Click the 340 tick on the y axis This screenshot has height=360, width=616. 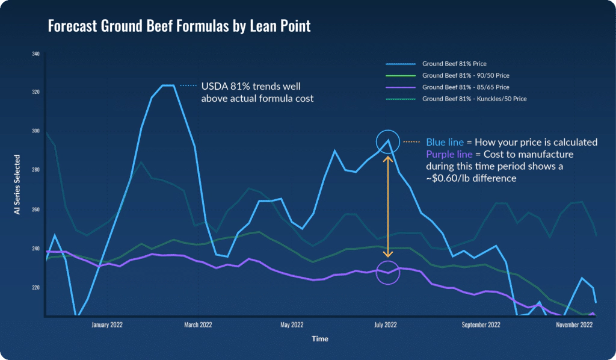[x=35, y=54]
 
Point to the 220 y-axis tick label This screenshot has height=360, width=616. [x=35, y=287]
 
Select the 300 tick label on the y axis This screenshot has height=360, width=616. [x=35, y=131]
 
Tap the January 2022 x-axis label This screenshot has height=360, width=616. [x=107, y=325]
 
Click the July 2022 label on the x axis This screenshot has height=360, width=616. [x=386, y=325]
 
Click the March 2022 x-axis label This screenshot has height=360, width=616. [x=199, y=325]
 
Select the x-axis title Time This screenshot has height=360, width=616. [x=320, y=339]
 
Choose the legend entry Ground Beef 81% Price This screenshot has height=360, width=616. [x=454, y=64]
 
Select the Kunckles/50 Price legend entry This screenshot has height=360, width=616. [x=475, y=99]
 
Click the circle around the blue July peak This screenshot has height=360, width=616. [x=388, y=141]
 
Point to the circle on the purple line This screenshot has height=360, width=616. [x=387, y=273]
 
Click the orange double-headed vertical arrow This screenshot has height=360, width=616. [x=388, y=207]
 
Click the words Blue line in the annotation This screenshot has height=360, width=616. [x=445, y=143]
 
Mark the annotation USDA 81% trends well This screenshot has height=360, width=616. [x=249, y=85]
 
